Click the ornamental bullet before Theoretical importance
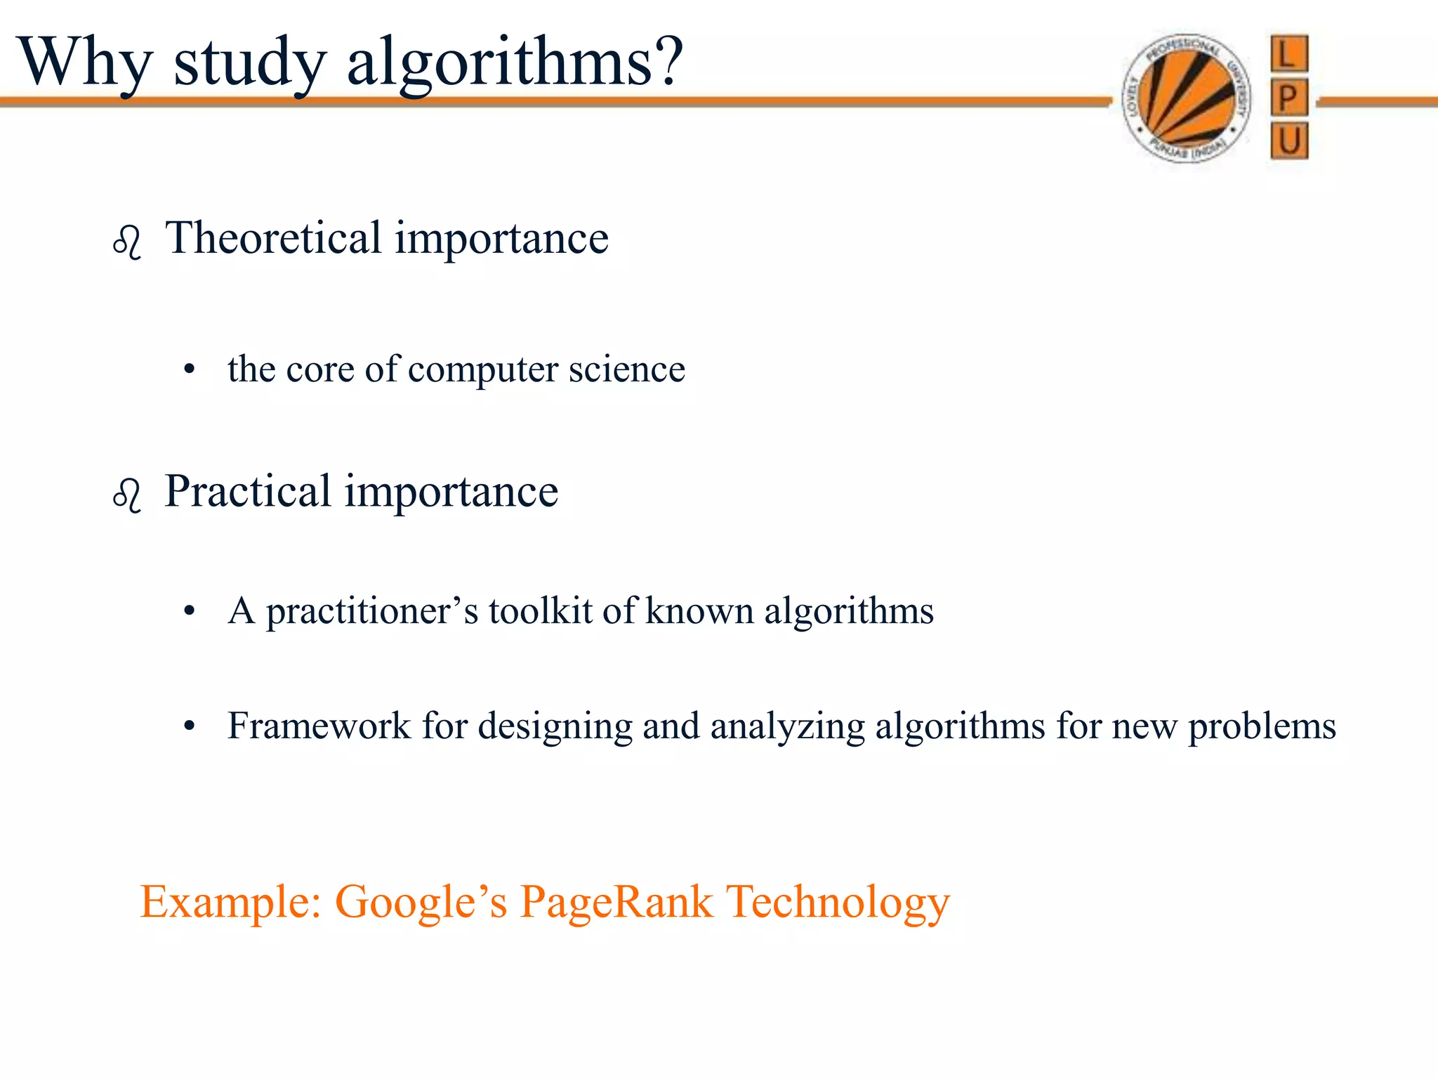coord(128,243)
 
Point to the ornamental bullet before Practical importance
coord(128,496)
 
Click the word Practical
coord(247,491)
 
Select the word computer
coord(483,371)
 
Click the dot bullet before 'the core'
coord(189,370)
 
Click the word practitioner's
coord(372,611)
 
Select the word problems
coord(1262,727)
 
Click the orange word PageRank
coord(616,902)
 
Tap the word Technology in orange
coord(838,902)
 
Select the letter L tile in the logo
coord(1289,54)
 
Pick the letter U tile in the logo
coord(1289,141)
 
